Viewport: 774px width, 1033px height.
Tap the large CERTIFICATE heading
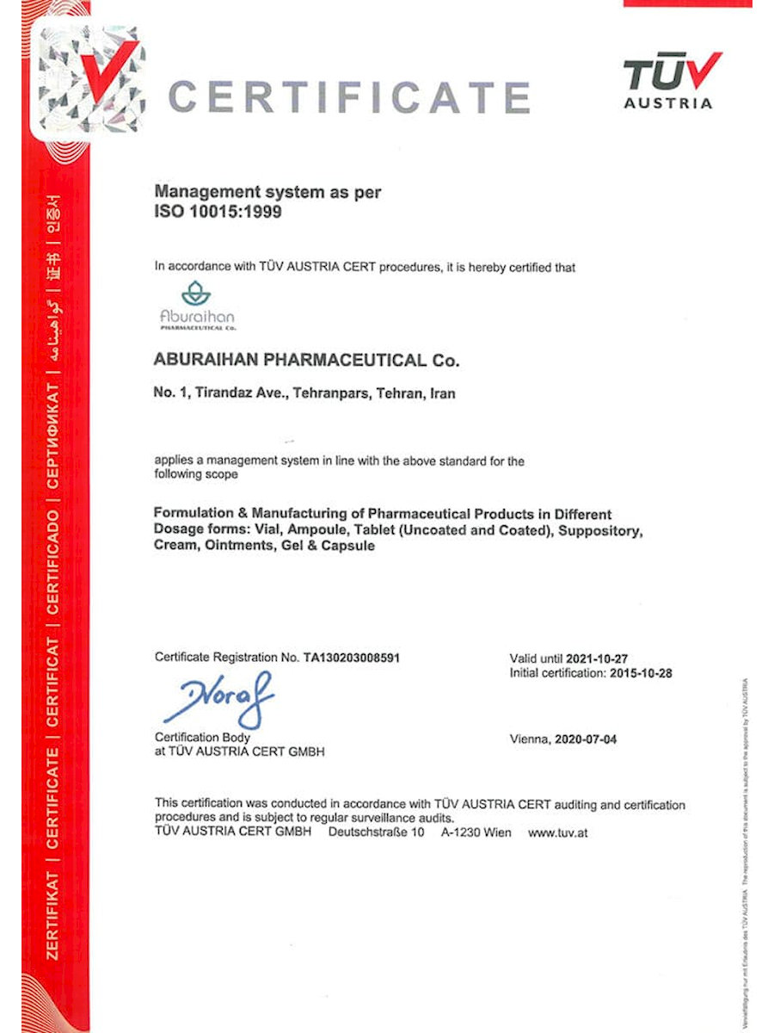tap(349, 96)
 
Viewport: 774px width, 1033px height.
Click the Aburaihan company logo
tap(196, 306)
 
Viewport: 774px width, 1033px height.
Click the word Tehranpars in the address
tap(329, 393)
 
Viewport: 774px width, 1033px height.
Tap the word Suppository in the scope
tap(599, 530)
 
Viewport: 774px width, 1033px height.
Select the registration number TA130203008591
tap(352, 658)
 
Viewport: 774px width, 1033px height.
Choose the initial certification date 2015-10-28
tap(640, 673)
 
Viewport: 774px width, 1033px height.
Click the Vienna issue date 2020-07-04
tap(586, 739)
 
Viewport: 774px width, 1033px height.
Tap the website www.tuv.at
tap(558, 832)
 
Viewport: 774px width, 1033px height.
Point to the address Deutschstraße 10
tap(376, 832)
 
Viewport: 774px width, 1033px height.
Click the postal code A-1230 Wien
tap(476, 832)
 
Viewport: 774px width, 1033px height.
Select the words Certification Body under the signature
tap(202, 738)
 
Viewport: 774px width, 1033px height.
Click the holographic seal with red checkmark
tap(86, 82)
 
